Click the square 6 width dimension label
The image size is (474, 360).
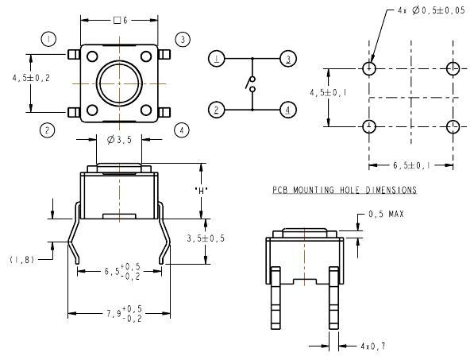(121, 21)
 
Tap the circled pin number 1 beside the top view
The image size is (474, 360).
(48, 39)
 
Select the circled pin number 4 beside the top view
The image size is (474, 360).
(181, 130)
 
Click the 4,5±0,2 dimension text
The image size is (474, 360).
(31, 78)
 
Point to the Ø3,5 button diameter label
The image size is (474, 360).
(120, 140)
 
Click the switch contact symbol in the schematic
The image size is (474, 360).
(251, 83)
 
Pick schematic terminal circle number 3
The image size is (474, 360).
(288, 59)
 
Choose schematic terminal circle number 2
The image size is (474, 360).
(216, 110)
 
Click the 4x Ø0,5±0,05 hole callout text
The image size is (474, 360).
(431, 10)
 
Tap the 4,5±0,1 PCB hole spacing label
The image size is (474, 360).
(328, 92)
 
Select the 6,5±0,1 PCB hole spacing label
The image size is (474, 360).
(411, 165)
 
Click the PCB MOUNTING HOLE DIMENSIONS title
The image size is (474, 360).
(345, 190)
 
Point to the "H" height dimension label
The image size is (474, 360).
(202, 191)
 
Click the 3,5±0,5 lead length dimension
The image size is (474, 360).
(206, 238)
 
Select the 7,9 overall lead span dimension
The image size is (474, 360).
(124, 313)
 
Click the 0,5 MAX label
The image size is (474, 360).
(386, 215)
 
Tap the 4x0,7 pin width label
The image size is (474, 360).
(373, 346)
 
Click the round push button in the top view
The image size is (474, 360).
(119, 83)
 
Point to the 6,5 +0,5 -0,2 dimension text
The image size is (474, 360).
(123, 271)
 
